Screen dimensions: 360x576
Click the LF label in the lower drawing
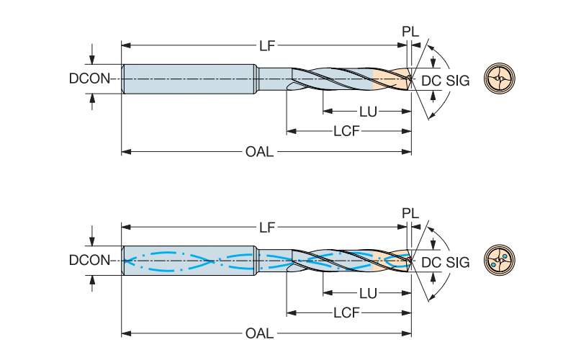[x=267, y=227]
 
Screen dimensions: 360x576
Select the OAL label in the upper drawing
[x=259, y=153]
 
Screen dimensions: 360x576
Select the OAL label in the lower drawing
[x=259, y=333]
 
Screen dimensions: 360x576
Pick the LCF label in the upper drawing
[x=346, y=132]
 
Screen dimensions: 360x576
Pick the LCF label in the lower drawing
[x=346, y=313]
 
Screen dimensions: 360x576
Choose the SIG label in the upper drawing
[x=458, y=80]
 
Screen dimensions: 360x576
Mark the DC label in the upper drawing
[x=430, y=80]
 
